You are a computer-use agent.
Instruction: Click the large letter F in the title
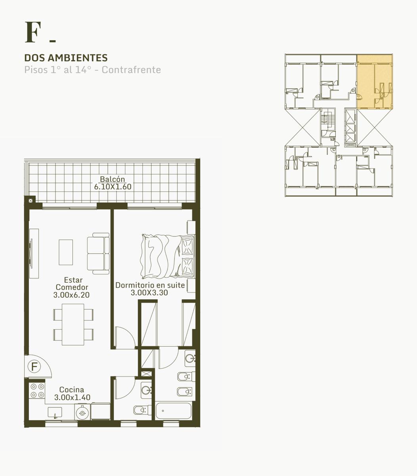pyautogui.click(x=33, y=32)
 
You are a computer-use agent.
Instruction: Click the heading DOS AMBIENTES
pyautogui.click(x=66, y=58)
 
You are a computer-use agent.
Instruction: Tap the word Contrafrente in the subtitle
pyautogui.click(x=131, y=70)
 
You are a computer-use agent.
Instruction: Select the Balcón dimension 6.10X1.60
pyautogui.click(x=113, y=187)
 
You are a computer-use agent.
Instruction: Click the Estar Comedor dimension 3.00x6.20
pyautogui.click(x=71, y=295)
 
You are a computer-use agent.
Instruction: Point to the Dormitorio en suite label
pyautogui.click(x=150, y=285)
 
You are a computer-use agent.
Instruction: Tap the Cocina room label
pyautogui.click(x=72, y=390)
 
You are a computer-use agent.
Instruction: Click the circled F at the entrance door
pyautogui.click(x=34, y=366)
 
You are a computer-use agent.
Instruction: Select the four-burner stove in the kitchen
pyautogui.click(x=37, y=390)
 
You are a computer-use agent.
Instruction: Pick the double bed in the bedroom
pyautogui.click(x=168, y=256)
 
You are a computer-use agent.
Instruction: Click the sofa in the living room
pyautogui.click(x=98, y=253)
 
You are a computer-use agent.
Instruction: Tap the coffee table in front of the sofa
pyautogui.click(x=66, y=252)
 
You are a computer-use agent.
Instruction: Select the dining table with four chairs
pyautogui.click(x=73, y=324)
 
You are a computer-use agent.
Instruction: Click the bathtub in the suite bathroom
pyautogui.click(x=173, y=411)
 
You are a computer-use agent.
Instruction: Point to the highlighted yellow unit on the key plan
pyautogui.click(x=375, y=82)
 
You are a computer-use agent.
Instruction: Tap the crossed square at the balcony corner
pyautogui.click(x=31, y=201)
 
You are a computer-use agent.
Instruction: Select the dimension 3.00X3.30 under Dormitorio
pyautogui.click(x=149, y=293)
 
